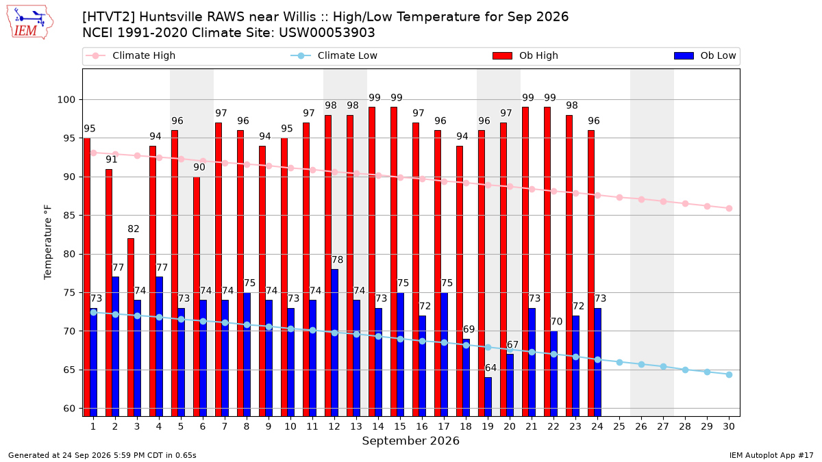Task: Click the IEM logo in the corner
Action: [30, 23]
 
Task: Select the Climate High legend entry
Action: [130, 55]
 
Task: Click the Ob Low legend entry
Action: [705, 55]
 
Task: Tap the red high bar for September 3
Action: [131, 327]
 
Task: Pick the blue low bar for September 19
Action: [488, 397]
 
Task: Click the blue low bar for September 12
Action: [335, 342]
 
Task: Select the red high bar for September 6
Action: [197, 296]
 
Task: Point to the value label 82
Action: [134, 229]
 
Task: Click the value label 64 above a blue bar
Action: [490, 368]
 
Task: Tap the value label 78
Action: [337, 260]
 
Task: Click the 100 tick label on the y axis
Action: [66, 100]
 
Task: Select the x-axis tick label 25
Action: [619, 426]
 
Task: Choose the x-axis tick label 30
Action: [729, 426]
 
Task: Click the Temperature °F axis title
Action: [48, 242]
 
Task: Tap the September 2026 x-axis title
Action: [410, 441]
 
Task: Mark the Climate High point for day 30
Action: [729, 208]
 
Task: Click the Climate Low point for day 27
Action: [664, 366]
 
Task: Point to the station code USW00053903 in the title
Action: [327, 33]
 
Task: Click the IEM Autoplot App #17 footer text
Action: [771, 455]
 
